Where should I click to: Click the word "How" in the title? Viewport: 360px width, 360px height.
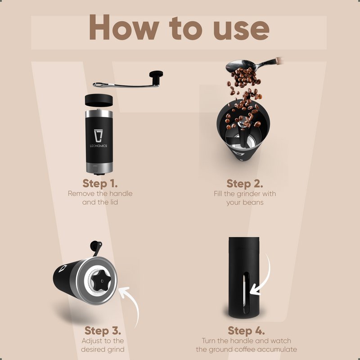(124, 27)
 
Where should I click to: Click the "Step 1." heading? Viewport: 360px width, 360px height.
(100, 184)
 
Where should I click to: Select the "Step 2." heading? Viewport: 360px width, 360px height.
(245, 184)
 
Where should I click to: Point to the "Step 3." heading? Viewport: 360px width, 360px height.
(103, 331)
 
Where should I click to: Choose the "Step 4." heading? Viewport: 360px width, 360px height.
(246, 331)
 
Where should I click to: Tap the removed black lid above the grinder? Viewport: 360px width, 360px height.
(99, 100)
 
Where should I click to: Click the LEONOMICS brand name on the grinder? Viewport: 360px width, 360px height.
(99, 146)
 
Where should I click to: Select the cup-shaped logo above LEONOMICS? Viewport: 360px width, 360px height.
(98, 136)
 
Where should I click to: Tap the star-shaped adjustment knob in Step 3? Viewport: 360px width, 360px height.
(101, 280)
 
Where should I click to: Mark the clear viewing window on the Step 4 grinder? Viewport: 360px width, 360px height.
(246, 293)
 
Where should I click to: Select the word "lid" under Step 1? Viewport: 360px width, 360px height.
(114, 202)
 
